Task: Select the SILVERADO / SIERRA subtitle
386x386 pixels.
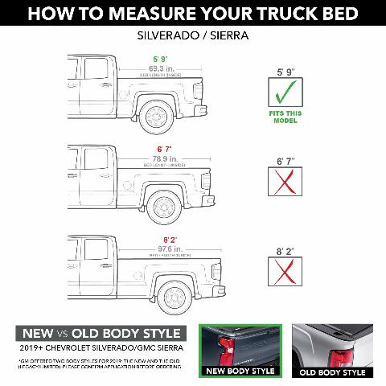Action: (193, 35)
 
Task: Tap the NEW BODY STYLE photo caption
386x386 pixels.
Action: (239, 372)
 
